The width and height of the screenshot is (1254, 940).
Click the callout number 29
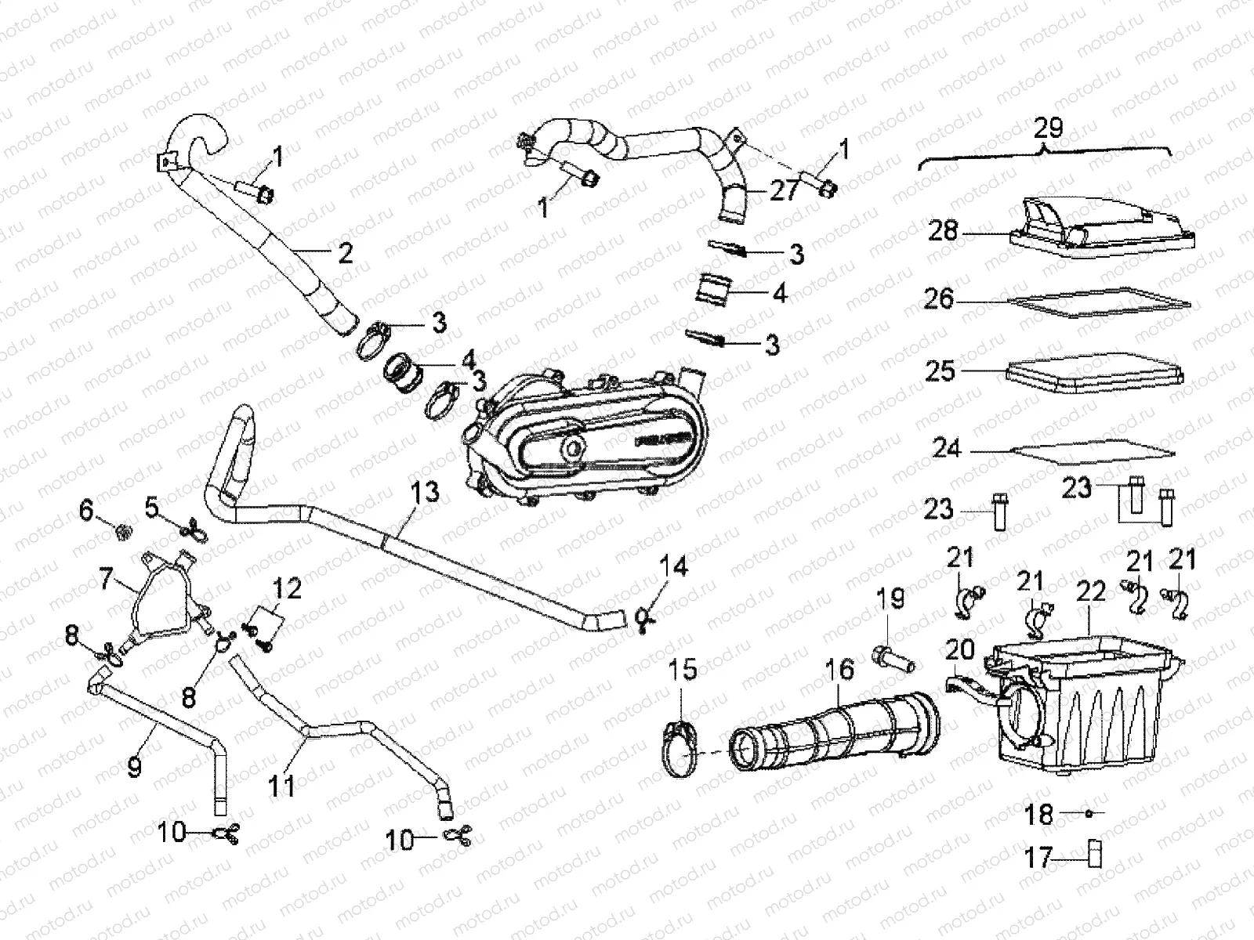(x=1048, y=128)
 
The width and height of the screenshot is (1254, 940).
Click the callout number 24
(x=946, y=450)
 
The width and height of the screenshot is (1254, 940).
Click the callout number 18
(x=1039, y=814)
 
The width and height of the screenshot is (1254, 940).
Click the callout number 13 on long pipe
(x=425, y=494)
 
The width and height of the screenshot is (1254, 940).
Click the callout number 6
(x=85, y=512)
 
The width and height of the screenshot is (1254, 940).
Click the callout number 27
(x=783, y=190)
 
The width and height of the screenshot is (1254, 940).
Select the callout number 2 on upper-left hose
(x=345, y=252)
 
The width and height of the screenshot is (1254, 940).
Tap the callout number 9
(x=135, y=767)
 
